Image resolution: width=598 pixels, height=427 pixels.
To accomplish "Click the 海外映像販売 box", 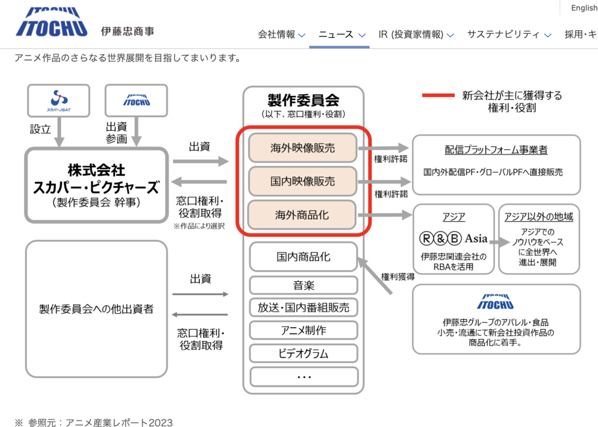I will click(303, 148).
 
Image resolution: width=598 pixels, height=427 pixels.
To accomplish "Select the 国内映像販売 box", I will click(303, 181).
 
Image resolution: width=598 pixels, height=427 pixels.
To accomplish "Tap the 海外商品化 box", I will click(303, 215).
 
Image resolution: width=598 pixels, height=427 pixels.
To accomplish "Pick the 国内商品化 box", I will click(303, 257).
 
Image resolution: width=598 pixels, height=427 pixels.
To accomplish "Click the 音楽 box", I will click(303, 285).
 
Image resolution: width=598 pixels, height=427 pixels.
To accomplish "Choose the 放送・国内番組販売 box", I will click(303, 308).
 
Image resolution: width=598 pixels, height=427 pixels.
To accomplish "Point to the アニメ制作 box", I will click(303, 330).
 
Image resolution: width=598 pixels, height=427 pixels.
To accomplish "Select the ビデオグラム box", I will click(303, 353).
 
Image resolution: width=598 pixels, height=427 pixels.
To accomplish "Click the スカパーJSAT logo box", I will click(58, 100).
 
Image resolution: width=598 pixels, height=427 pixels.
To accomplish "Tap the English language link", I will click(584, 8).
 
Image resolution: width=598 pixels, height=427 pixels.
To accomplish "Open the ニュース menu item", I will click(342, 34).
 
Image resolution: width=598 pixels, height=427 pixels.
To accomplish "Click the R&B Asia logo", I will click(454, 239).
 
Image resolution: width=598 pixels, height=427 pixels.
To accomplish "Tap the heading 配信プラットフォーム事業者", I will click(496, 150).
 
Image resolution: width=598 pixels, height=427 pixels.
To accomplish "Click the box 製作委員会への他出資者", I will click(96, 308).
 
